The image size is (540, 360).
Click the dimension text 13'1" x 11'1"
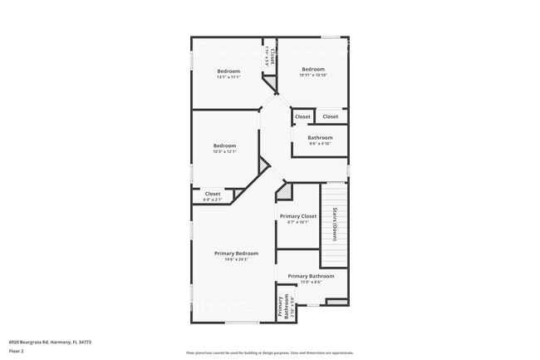[x=228, y=77]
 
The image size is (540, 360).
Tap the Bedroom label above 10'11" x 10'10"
[x=312, y=69]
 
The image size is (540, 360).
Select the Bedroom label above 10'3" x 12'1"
[x=224, y=145]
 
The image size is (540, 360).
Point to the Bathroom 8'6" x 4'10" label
[x=320, y=138]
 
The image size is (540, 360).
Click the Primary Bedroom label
[x=236, y=253]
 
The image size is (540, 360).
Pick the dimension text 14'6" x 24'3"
[x=236, y=259]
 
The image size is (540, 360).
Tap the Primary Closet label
[x=297, y=216]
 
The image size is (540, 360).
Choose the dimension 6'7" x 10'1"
[x=297, y=222]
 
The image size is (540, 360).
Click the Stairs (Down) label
[x=334, y=224]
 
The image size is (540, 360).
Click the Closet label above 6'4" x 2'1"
[x=213, y=194]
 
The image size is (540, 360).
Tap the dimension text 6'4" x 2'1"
[x=213, y=200]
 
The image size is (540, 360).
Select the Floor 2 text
[x=17, y=352]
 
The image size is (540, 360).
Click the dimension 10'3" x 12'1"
[x=224, y=152]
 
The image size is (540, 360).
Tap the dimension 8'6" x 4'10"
[x=320, y=144]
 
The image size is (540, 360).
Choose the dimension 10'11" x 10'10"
[x=312, y=76]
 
